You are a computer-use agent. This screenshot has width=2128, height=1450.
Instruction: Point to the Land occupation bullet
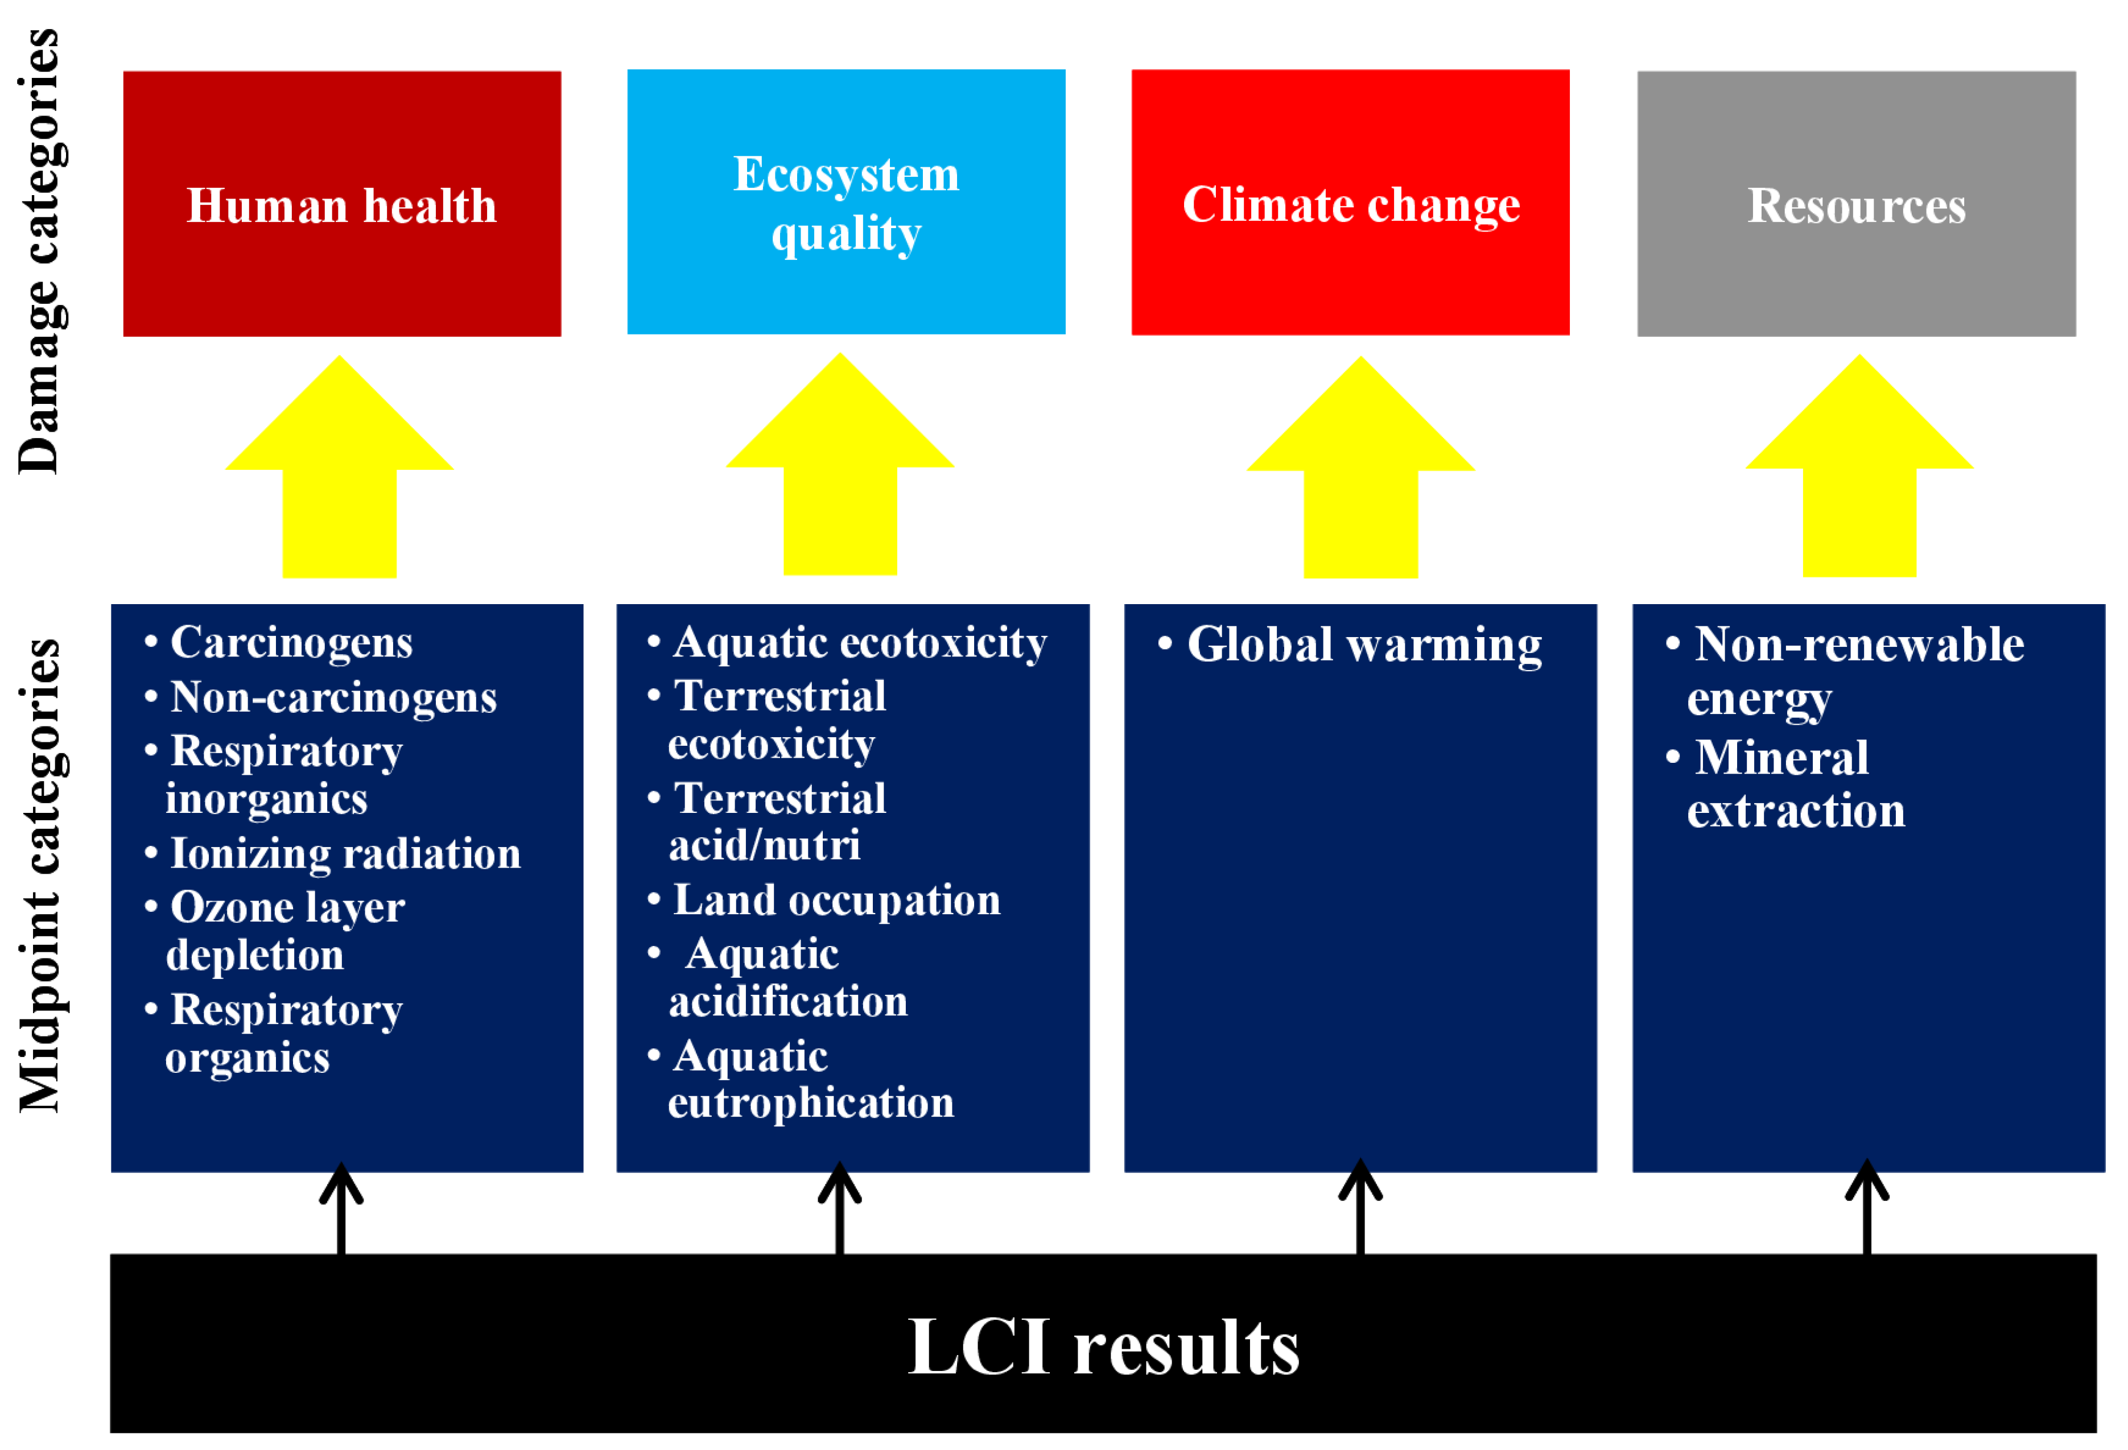pyautogui.click(x=836, y=900)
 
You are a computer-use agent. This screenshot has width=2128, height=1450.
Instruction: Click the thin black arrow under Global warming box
pyautogui.click(x=1360, y=1208)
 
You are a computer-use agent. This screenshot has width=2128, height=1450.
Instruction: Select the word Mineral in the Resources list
pyautogui.click(x=1781, y=758)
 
